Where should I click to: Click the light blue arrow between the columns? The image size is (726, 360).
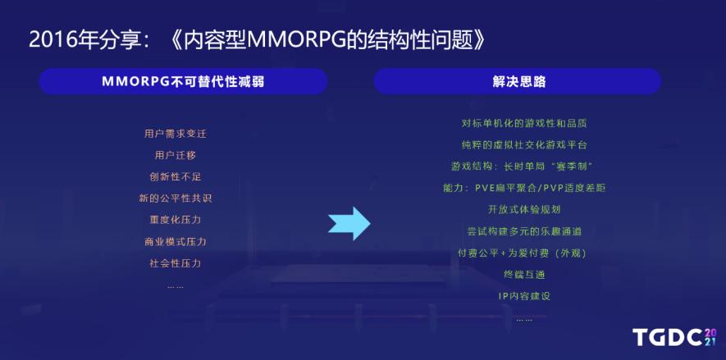[349, 224]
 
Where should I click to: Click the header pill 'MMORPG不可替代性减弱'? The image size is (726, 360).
[184, 82]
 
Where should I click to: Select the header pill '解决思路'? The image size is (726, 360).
[518, 82]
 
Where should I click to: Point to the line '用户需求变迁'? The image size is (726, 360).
[176, 134]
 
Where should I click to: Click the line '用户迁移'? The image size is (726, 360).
[176, 156]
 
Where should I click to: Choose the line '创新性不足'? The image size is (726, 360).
[176, 177]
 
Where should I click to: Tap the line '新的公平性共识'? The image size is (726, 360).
[176, 198]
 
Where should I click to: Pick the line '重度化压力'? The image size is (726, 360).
[176, 220]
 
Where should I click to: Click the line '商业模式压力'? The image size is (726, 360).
[176, 242]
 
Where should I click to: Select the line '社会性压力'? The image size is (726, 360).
[176, 263]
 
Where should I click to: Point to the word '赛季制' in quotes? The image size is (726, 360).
[573, 166]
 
